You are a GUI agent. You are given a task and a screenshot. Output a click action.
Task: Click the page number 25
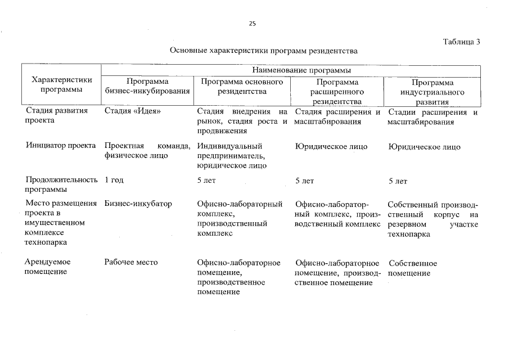pos(252,24)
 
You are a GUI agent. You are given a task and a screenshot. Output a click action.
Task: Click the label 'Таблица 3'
pos(461,42)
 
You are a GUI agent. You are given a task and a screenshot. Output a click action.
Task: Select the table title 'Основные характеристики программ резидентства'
pos(264,51)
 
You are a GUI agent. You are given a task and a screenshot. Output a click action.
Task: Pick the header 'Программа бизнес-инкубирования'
pos(147,85)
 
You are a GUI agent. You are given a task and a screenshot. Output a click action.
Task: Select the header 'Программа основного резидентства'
pos(242,85)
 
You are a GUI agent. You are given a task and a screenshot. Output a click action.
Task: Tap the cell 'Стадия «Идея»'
pos(133,111)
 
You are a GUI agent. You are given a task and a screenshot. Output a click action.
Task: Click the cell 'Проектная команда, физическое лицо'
pos(147,151)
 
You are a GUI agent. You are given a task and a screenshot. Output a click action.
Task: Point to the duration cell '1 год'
pos(114,181)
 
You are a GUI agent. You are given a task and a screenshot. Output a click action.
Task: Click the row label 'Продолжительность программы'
pos(62,185)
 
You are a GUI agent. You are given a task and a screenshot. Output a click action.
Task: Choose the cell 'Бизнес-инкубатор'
pos(138,204)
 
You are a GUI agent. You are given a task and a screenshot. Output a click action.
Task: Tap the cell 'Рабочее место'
pos(131,263)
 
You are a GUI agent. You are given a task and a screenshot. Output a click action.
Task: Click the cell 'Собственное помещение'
pos(412,268)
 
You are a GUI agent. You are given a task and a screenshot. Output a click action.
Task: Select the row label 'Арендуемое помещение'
pos(48,267)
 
